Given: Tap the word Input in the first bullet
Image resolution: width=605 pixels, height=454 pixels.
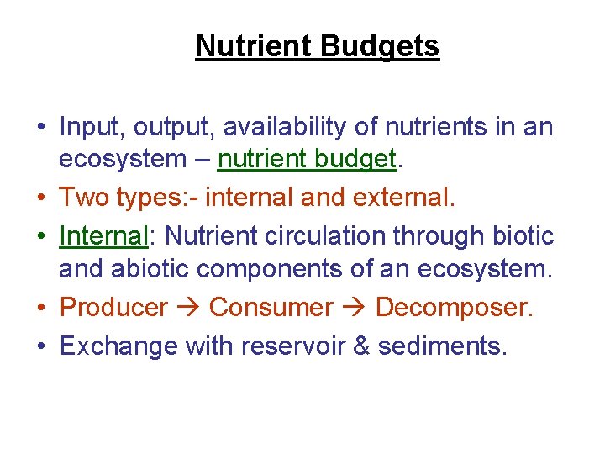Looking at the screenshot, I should (x=87, y=128).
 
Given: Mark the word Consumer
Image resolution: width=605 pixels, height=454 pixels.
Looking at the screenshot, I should (x=271, y=308).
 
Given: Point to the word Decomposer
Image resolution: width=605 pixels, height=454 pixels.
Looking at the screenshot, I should (x=454, y=308).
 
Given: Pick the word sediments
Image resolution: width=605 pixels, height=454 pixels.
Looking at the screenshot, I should (x=442, y=346).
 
